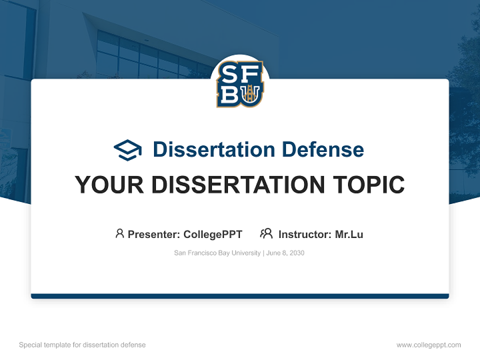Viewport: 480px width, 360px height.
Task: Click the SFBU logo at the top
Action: [x=240, y=84]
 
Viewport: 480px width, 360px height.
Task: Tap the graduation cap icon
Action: [x=128, y=149]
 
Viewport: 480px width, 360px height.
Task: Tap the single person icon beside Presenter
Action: [x=119, y=233]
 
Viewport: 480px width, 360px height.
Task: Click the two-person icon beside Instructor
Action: [x=266, y=233]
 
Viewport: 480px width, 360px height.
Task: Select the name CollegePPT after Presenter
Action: [x=213, y=234]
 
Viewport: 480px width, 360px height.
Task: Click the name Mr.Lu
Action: [x=349, y=234]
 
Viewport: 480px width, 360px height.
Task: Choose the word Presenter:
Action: [x=154, y=234]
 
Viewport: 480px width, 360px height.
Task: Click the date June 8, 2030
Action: [x=285, y=253]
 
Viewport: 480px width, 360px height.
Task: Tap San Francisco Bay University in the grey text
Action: [x=217, y=253]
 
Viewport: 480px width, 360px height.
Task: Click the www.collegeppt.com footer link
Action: [x=428, y=345]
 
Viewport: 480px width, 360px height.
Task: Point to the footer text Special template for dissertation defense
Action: [x=82, y=345]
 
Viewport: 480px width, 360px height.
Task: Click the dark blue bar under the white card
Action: [x=240, y=296]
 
